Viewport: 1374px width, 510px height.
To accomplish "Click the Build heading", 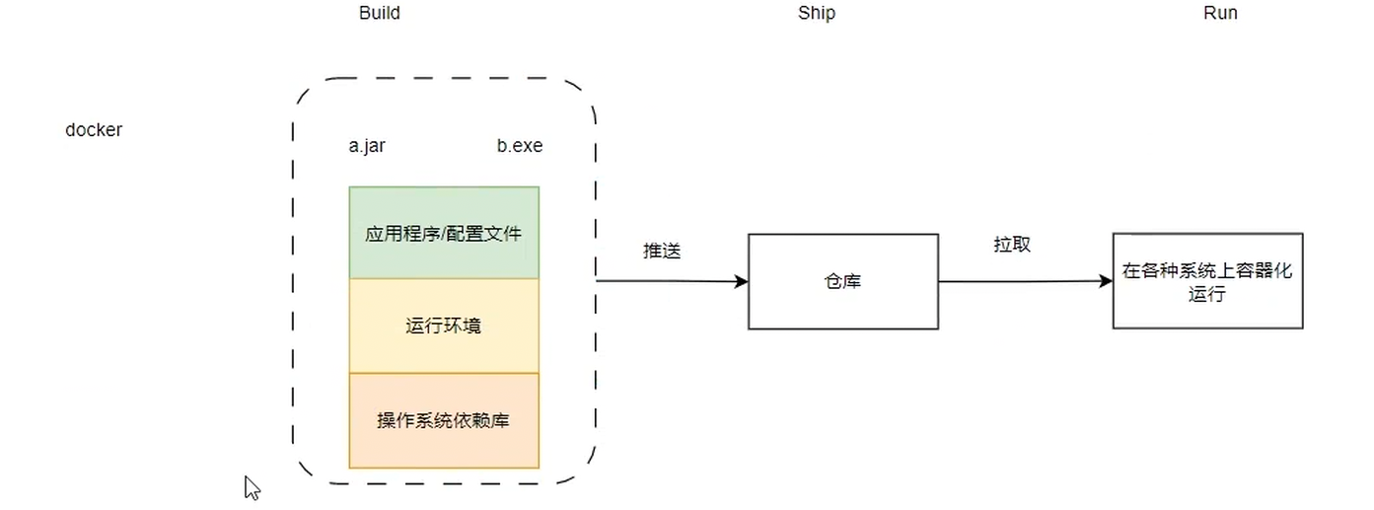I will tap(380, 14).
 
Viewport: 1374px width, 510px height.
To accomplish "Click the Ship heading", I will tap(817, 14).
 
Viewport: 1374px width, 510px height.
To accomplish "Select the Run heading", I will tap(1220, 14).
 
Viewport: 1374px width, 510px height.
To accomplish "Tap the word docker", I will tap(94, 130).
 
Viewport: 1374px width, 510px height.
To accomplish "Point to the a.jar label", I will tap(367, 146).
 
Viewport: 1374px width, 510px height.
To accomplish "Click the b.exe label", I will tap(520, 146).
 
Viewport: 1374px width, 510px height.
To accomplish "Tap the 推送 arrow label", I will tap(662, 251).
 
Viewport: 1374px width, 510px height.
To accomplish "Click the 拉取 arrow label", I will tap(1012, 245).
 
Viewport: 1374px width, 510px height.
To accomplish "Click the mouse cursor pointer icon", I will tap(252, 487).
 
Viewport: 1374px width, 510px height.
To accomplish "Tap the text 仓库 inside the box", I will tap(842, 281).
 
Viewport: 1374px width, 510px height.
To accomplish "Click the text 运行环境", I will tap(444, 326).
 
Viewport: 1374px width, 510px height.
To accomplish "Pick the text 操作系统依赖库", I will tap(444, 420).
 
